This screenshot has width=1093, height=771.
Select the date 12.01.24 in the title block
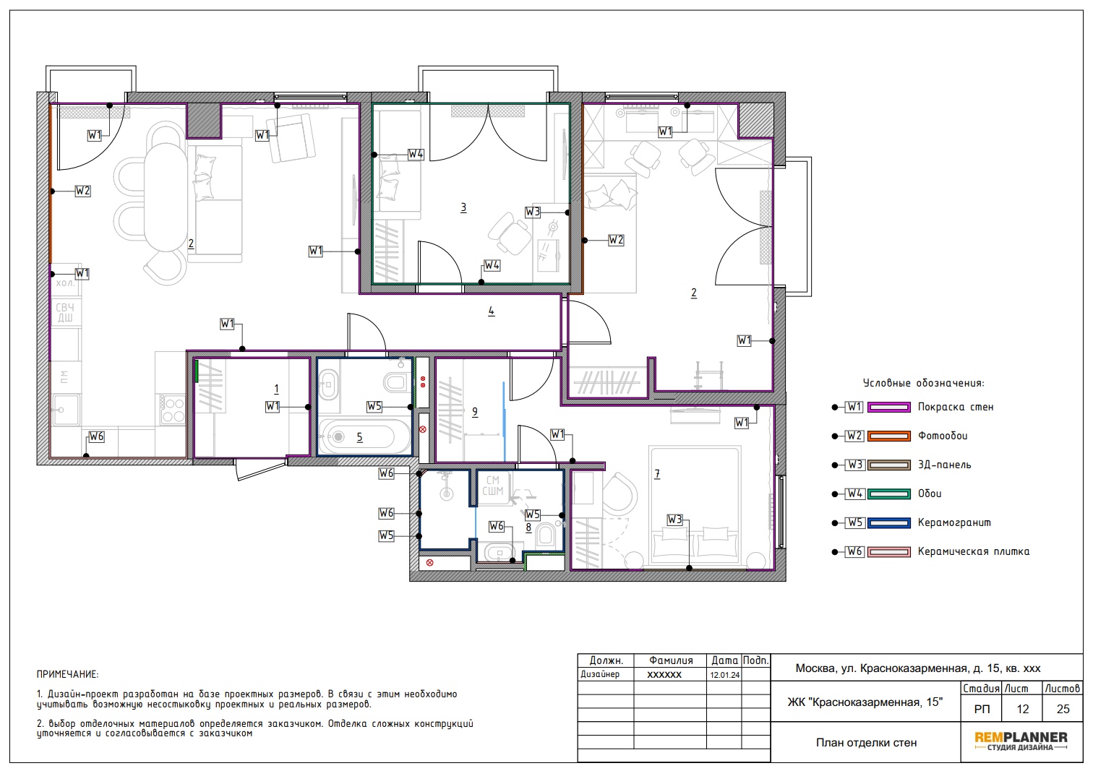point(724,675)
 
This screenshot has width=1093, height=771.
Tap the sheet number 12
point(1023,709)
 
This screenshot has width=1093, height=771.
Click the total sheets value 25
point(1063,709)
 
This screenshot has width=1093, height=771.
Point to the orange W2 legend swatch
point(888,436)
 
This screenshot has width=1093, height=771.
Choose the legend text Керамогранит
point(954,522)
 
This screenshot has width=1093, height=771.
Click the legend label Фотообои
point(942,436)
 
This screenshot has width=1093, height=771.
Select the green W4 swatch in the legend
point(888,494)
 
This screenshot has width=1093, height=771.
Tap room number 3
point(463,208)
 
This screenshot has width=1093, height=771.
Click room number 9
point(475,412)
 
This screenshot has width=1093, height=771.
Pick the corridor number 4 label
point(491,311)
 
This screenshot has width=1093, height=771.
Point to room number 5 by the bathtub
point(359,437)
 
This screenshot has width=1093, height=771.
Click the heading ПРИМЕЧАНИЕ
point(67,674)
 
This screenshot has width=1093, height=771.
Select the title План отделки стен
point(866,743)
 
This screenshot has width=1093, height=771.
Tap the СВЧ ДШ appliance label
point(65,313)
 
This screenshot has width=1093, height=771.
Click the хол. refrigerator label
point(65,283)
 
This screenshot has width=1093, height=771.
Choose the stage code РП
point(982,709)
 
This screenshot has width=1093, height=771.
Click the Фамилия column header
point(670,660)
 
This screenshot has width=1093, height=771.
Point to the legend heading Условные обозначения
point(923,383)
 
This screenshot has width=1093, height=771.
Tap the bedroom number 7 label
point(657,473)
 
